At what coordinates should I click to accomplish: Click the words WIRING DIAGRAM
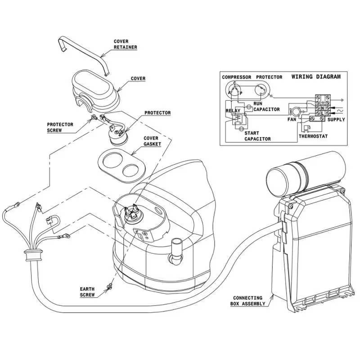316,76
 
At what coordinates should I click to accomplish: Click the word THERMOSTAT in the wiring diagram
313,136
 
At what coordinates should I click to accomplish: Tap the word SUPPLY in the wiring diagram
336,120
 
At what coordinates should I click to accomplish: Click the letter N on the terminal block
322,108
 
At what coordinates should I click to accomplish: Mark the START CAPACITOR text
257,136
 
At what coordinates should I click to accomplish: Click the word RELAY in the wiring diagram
233,110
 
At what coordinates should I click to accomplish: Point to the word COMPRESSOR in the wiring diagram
236,77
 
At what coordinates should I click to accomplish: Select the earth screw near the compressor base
109,287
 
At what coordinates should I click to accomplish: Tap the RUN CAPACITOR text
266,106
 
